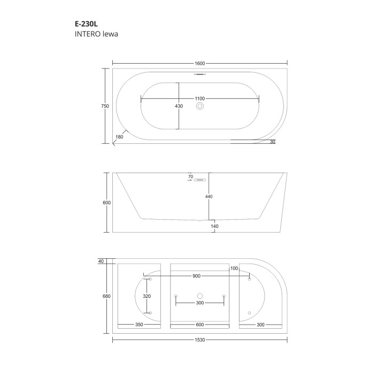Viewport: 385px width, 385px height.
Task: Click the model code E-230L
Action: (86, 24)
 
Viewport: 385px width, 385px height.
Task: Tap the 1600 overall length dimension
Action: (200, 63)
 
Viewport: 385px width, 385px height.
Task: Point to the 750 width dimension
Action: (105, 106)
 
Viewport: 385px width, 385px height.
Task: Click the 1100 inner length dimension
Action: (200, 99)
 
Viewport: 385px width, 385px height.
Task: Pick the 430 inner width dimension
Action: (179, 106)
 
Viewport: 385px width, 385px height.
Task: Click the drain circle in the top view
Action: (200, 106)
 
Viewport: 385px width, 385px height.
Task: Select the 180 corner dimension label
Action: (119, 137)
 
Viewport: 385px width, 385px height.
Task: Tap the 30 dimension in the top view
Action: (273, 142)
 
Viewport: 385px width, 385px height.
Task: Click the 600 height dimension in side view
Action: (106, 203)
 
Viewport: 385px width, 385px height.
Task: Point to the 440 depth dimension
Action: (209, 196)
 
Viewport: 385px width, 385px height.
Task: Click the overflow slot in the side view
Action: (201, 180)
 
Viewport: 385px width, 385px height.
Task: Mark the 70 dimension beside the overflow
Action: (190, 176)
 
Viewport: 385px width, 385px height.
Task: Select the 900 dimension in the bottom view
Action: (197, 276)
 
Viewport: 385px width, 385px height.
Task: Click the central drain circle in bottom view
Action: (200, 296)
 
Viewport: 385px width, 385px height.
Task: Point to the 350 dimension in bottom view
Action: (139, 325)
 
